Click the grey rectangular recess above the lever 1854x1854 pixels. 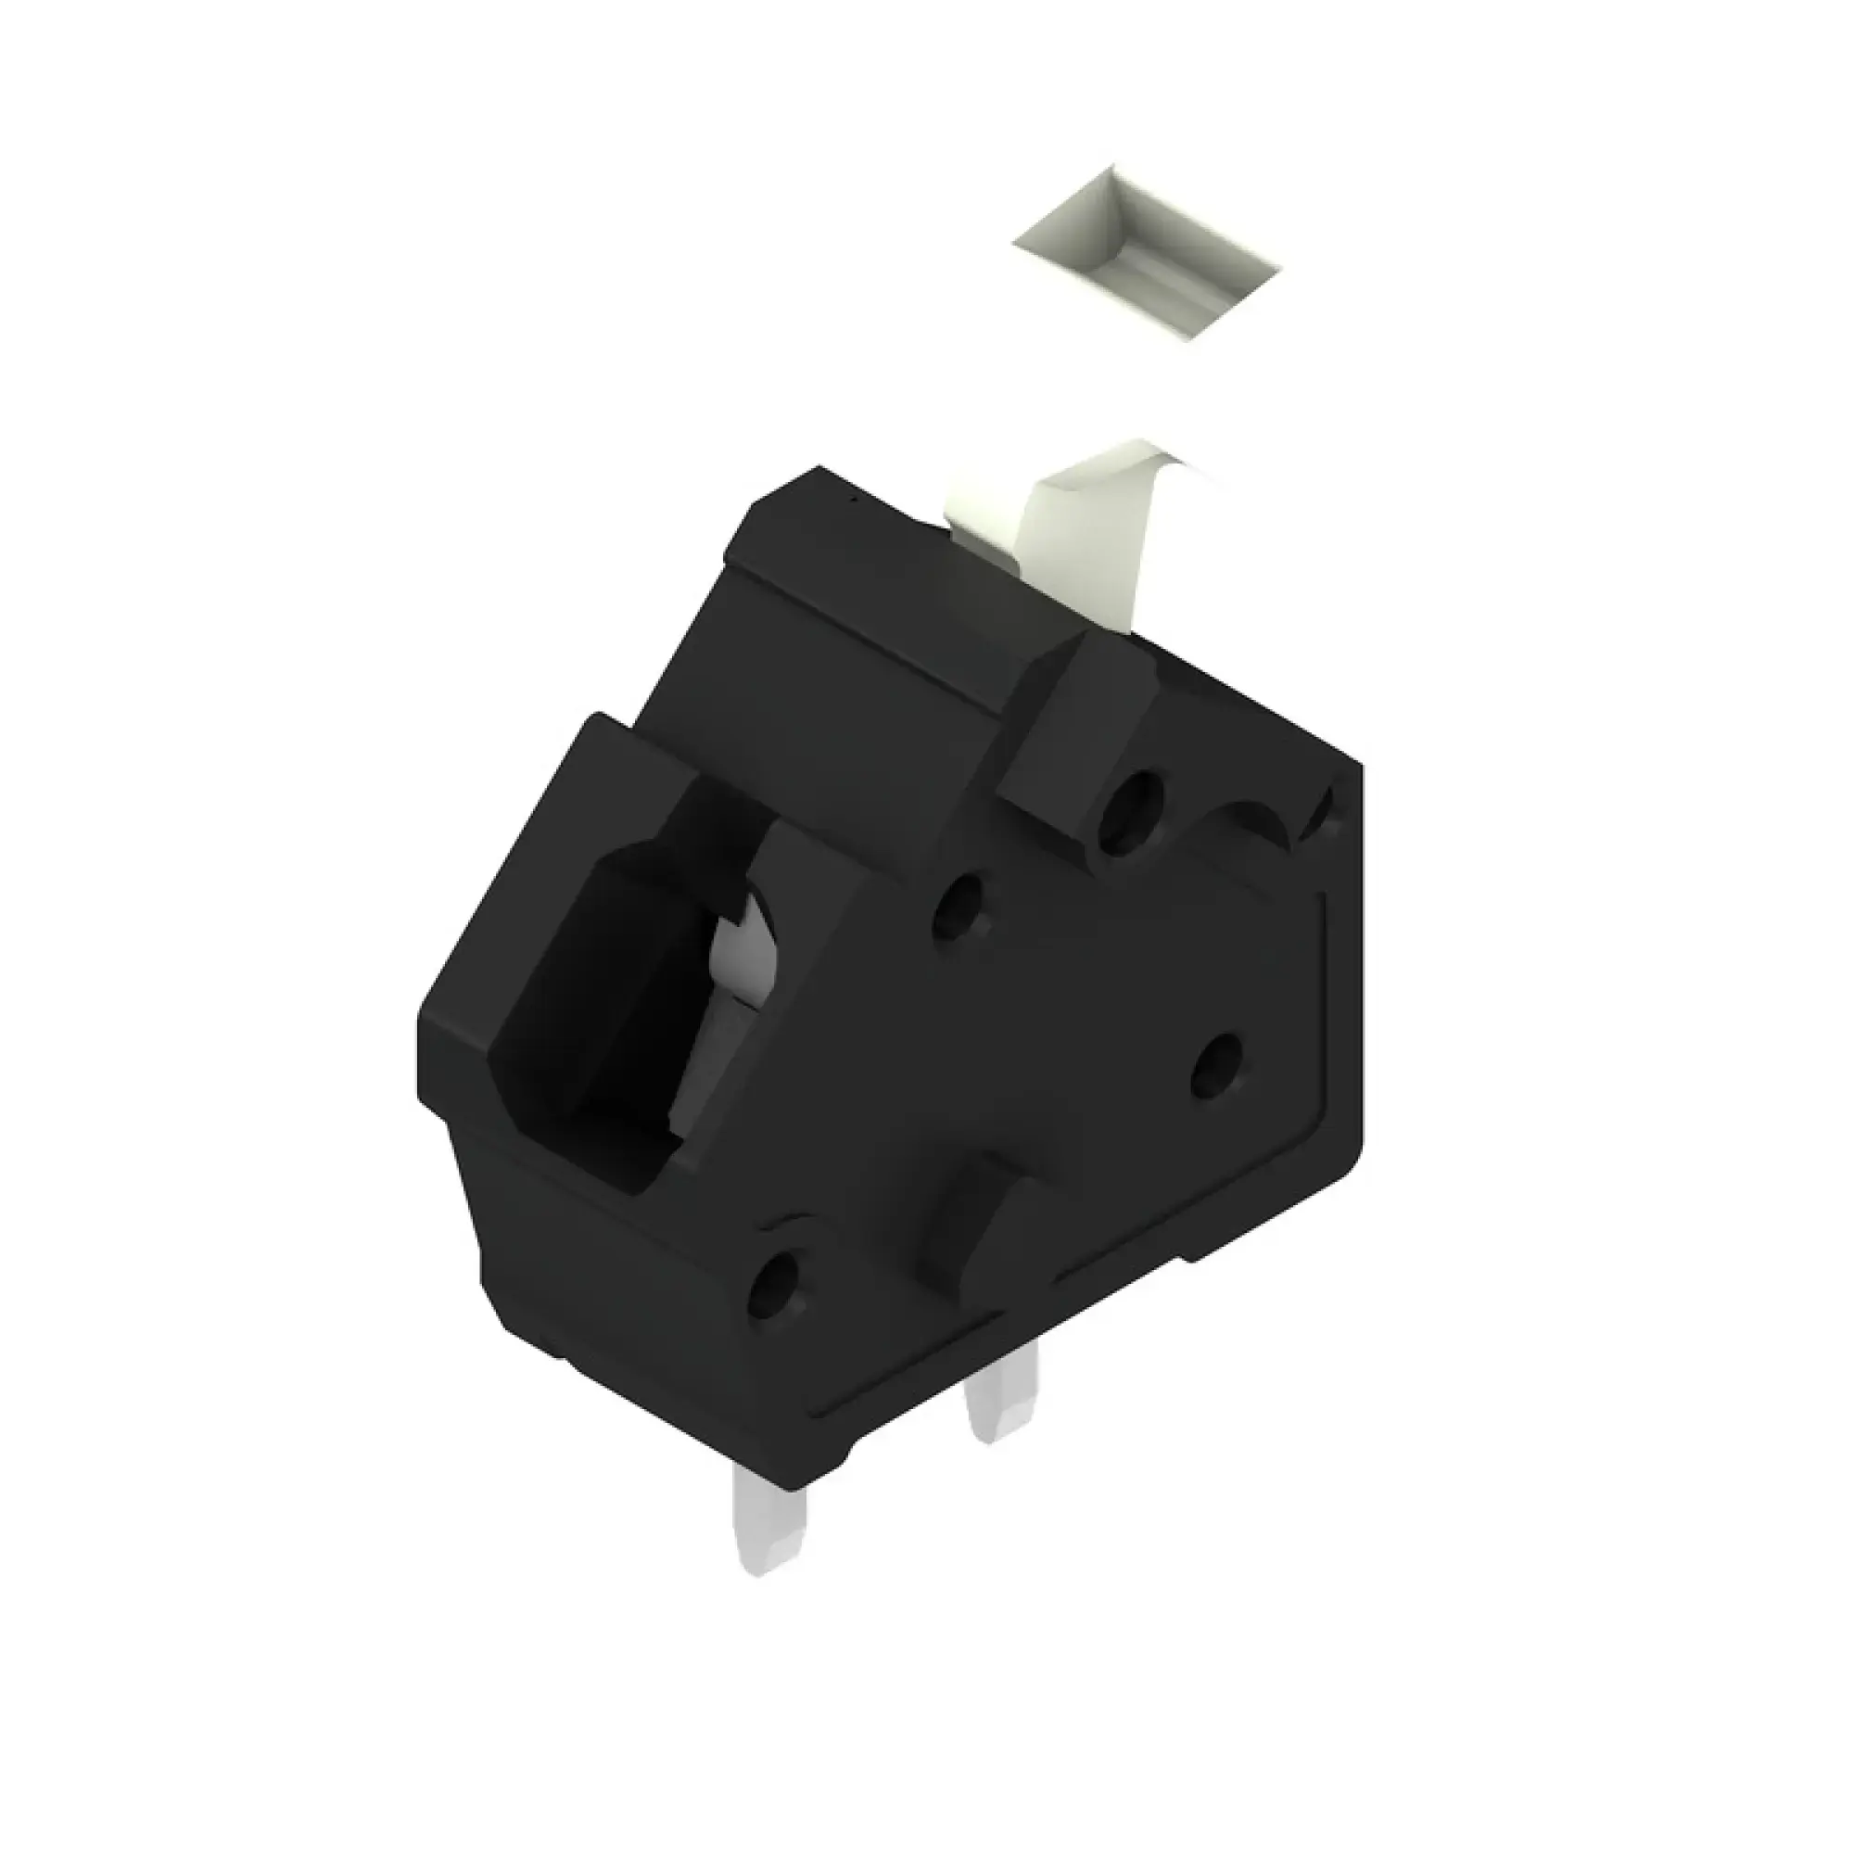tap(1148, 254)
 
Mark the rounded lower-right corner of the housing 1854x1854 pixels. tap(1348, 1147)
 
